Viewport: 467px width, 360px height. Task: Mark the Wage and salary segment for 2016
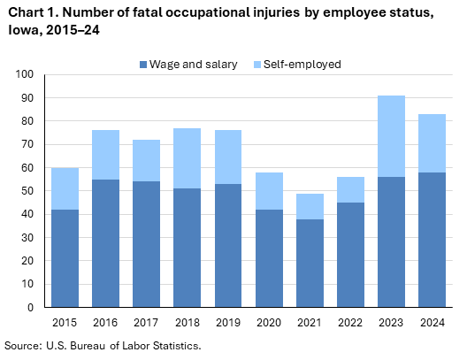104,243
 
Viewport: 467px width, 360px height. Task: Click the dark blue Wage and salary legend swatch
143,65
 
